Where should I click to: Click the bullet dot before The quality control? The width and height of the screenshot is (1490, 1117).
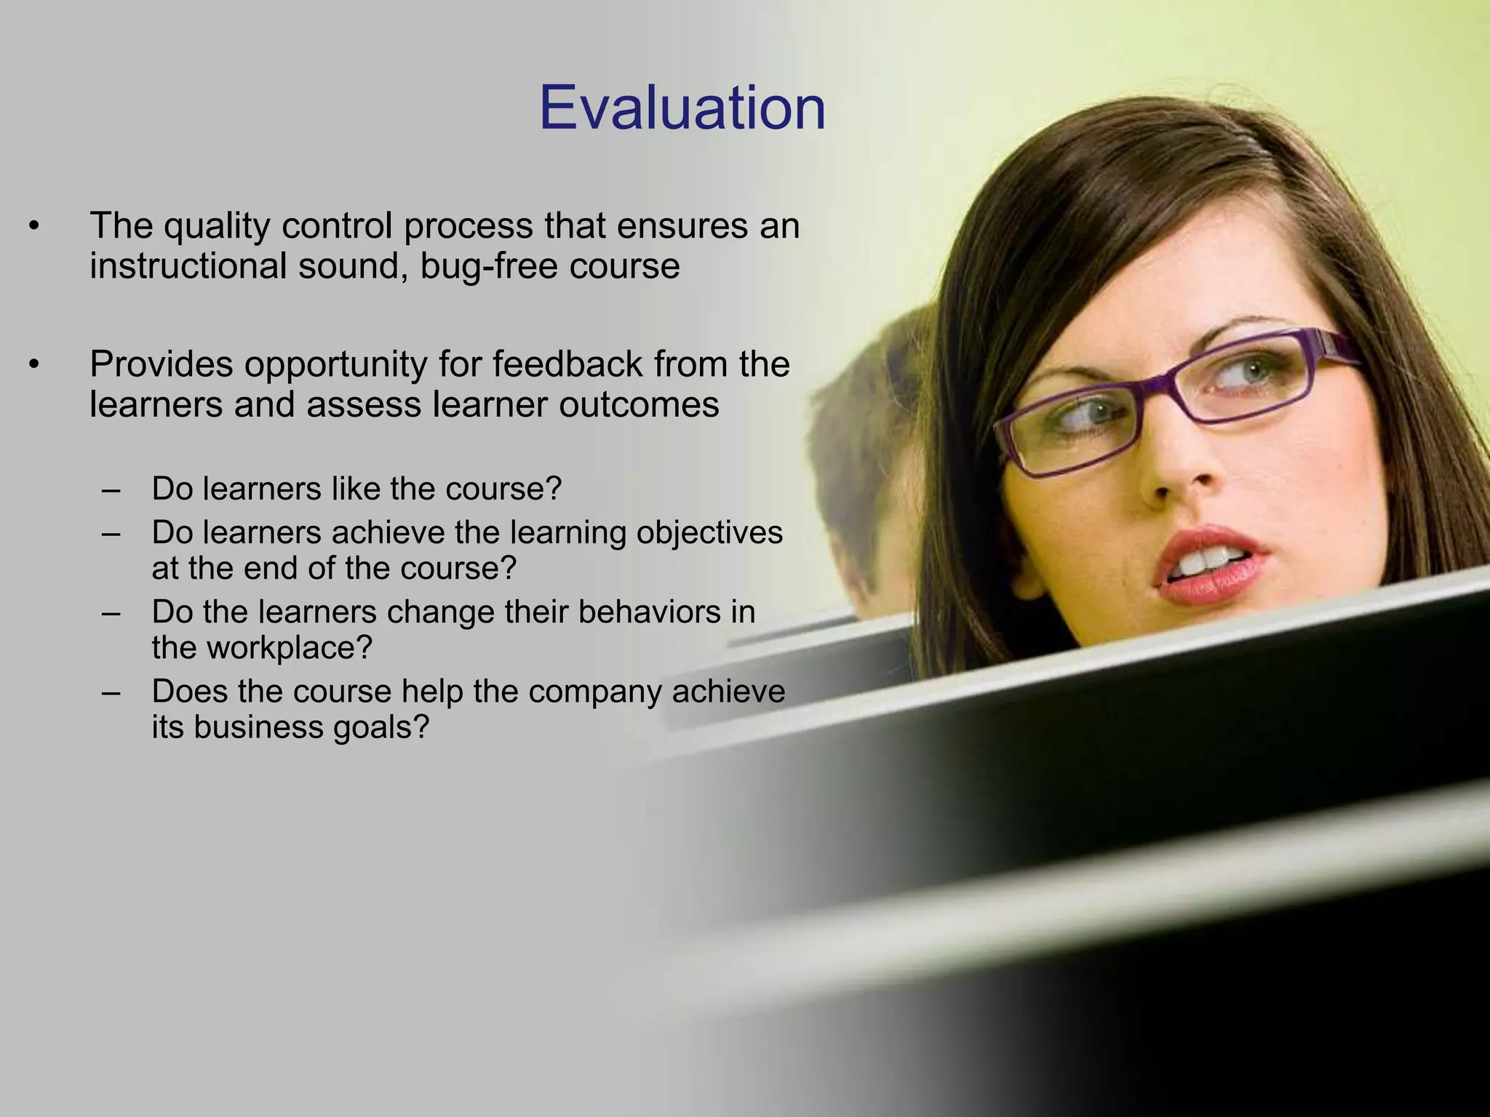tap(33, 227)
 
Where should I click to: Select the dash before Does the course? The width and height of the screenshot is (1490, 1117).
tap(111, 692)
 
